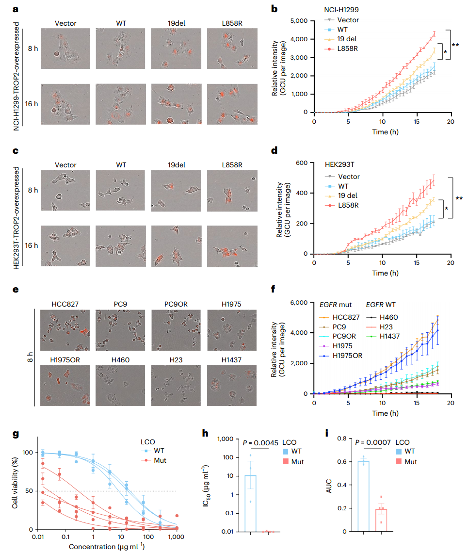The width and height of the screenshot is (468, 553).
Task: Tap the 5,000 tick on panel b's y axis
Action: tap(299, 21)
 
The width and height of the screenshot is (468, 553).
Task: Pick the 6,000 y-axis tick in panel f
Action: tap(299, 302)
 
